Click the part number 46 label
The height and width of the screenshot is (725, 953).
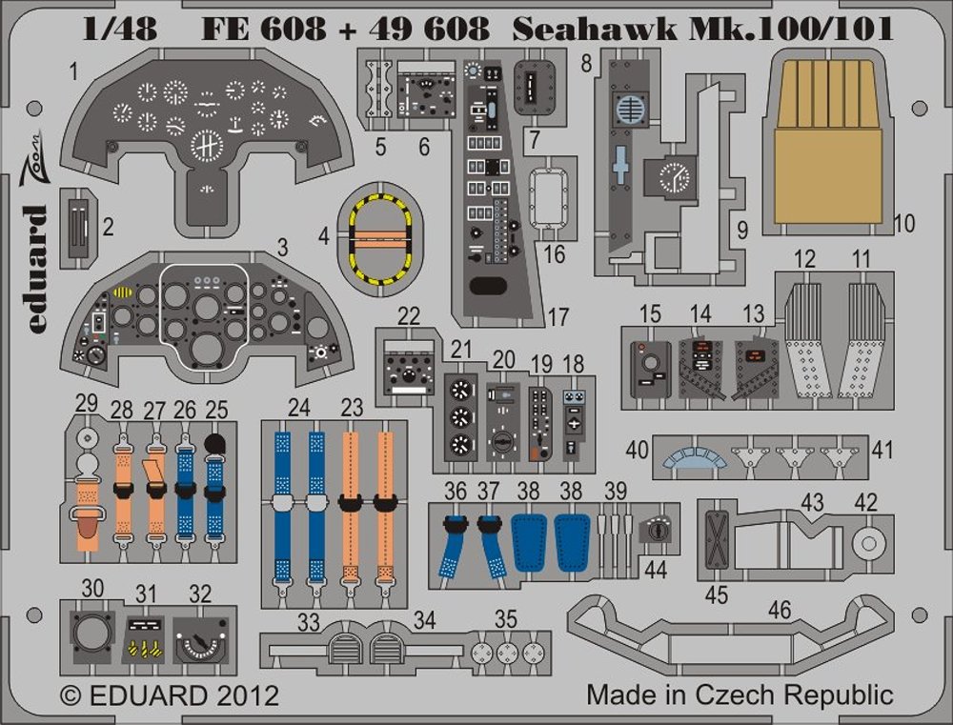pyautogui.click(x=780, y=611)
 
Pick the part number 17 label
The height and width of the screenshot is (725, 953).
pyautogui.click(x=558, y=315)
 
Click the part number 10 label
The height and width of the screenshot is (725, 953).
pyautogui.click(x=904, y=225)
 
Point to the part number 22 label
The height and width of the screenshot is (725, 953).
pyautogui.click(x=409, y=315)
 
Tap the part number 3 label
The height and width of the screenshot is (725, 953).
pyautogui.click(x=282, y=247)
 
